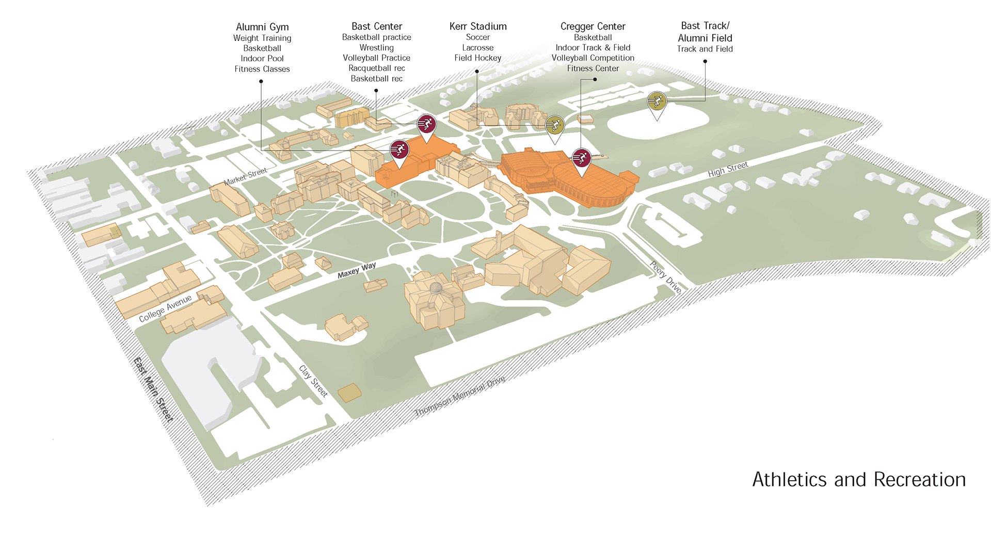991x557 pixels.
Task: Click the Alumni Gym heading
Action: [262, 27]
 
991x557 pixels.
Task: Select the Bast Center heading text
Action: [376, 26]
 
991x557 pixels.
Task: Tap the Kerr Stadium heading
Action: [478, 26]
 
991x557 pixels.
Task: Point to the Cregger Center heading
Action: [593, 26]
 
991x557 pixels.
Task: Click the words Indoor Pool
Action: [262, 58]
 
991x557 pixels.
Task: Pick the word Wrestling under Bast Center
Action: [376, 47]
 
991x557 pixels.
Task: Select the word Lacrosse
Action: [477, 47]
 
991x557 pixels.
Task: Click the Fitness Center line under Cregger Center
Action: [593, 68]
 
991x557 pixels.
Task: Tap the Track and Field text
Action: [705, 49]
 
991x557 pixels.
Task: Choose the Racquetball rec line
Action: [376, 68]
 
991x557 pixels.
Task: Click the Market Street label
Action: [246, 176]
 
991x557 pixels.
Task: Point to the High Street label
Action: [728, 169]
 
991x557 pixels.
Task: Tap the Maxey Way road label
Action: [357, 270]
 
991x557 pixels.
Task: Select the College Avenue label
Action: [165, 308]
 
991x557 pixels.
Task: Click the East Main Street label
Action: [153, 389]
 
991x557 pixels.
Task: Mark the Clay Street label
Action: [313, 381]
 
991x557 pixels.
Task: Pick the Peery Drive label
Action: [666, 277]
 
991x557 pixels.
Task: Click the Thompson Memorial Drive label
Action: [460, 396]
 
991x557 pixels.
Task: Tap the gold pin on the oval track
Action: [657, 102]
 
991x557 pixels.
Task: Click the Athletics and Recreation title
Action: [859, 480]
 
